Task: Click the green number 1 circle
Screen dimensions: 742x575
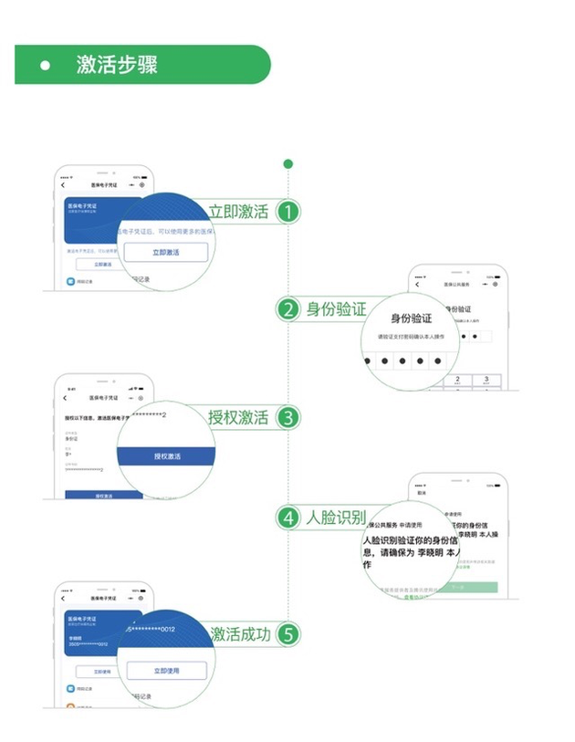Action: click(x=288, y=212)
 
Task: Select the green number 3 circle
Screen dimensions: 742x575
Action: click(x=288, y=418)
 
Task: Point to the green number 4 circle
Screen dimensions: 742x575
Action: click(x=288, y=517)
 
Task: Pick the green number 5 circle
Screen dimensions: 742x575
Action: click(x=288, y=633)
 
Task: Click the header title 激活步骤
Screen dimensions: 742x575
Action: click(x=117, y=65)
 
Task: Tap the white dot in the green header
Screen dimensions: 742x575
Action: click(x=44, y=66)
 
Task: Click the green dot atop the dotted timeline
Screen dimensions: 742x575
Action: click(x=288, y=164)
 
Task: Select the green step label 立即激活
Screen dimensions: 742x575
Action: click(x=239, y=212)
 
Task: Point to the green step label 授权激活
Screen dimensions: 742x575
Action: click(x=239, y=418)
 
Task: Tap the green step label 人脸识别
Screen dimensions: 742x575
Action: click(x=336, y=517)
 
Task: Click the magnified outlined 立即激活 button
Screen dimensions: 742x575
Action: click(x=166, y=252)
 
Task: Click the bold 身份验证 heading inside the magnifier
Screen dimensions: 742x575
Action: click(x=411, y=319)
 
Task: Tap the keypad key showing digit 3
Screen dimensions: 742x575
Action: click(x=486, y=380)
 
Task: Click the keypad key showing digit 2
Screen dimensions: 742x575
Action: click(x=436, y=380)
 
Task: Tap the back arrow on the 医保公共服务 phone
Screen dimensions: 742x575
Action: click(x=419, y=284)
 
